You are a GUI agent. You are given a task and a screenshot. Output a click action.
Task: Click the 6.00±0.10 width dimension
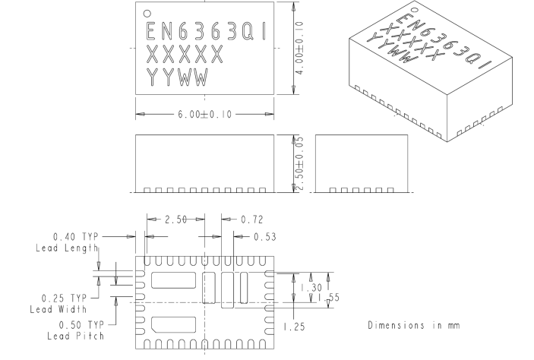pyautogui.click(x=204, y=114)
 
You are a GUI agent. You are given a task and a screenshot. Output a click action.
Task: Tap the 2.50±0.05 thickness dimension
pyautogui.click(x=299, y=164)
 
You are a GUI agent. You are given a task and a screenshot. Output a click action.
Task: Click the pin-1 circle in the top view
pyautogui.click(x=148, y=13)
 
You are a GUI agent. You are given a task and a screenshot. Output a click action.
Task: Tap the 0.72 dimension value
pyautogui.click(x=252, y=219)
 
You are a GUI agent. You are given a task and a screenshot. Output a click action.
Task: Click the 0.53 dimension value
pyautogui.click(x=263, y=236)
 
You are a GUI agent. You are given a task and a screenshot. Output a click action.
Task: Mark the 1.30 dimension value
pyautogui.click(x=308, y=288)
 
